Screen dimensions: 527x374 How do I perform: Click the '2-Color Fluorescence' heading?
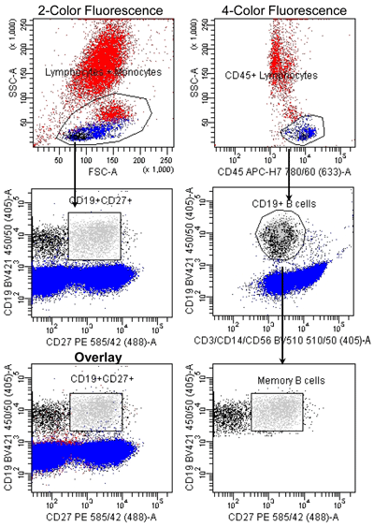(93, 9)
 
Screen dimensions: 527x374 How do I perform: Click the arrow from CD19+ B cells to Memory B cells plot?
(282, 318)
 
